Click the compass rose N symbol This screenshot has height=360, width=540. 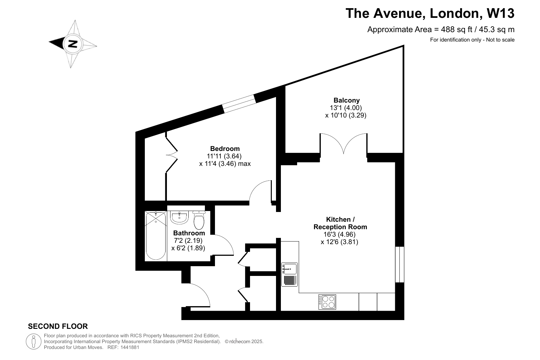(x=73, y=44)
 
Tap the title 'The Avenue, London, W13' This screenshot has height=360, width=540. (x=430, y=13)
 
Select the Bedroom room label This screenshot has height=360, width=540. (x=225, y=148)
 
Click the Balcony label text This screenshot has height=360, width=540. (x=346, y=100)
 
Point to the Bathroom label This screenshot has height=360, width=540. (x=189, y=233)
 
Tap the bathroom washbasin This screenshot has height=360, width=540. (x=179, y=217)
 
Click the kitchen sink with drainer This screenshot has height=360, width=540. (x=290, y=274)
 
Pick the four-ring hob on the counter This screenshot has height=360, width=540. (x=327, y=302)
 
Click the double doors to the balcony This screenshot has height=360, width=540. (x=344, y=143)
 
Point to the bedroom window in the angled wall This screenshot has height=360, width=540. (x=239, y=104)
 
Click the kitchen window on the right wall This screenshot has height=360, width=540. (x=400, y=264)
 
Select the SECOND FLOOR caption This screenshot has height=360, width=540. (x=58, y=326)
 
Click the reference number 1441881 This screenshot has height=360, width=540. (x=130, y=347)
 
